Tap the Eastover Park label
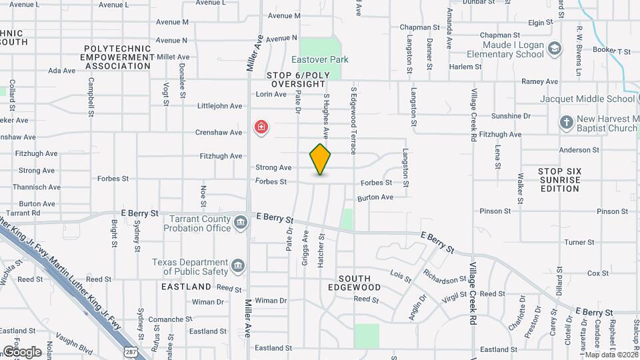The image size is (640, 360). click(x=324, y=59)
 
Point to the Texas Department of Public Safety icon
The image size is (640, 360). click(x=237, y=267)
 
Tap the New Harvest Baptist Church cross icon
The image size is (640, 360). click(x=566, y=123)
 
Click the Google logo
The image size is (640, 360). click(x=21, y=351)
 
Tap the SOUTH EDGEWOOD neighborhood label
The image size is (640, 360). click(x=359, y=283)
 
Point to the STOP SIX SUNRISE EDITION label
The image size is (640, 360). click(x=560, y=180)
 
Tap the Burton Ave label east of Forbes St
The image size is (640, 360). click(x=375, y=197)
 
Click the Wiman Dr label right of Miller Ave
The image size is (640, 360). click(x=271, y=301)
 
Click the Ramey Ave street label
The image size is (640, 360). click(x=539, y=81)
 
